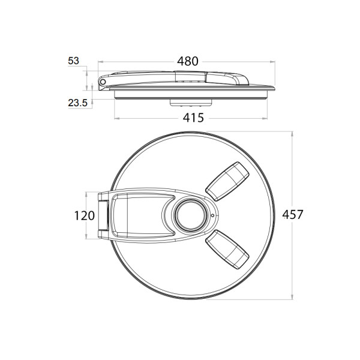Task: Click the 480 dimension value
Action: pyautogui.click(x=188, y=61)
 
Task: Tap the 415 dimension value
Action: pyautogui.click(x=193, y=118)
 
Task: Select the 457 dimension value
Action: pyautogui.click(x=293, y=215)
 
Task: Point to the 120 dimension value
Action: pyautogui.click(x=85, y=216)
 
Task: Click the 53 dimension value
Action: pyautogui.click(x=73, y=61)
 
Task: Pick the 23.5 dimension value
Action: pyautogui.click(x=78, y=103)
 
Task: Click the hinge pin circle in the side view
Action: pyautogui.click(x=103, y=82)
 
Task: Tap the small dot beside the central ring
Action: pyautogui.click(x=212, y=215)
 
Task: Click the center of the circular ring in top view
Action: pyautogui.click(x=191, y=215)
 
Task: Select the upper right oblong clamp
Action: pyautogui.click(x=227, y=181)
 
